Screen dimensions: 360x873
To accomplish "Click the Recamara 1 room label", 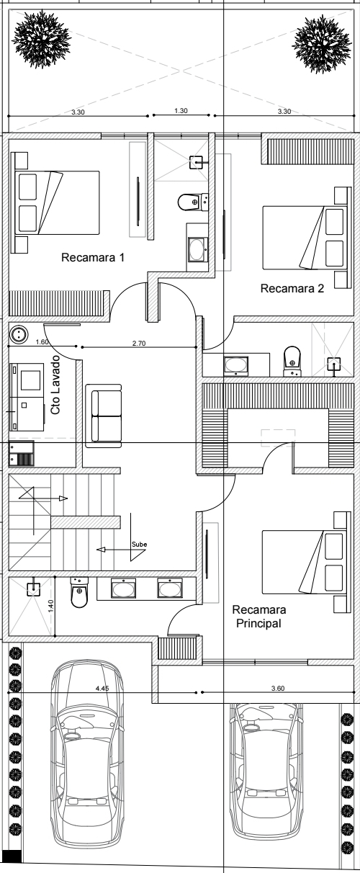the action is coord(93,257).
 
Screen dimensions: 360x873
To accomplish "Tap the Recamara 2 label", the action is coord(292,288).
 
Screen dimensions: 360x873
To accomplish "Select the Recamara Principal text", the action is coord(259,616).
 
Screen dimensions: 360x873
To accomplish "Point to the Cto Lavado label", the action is coord(55,385).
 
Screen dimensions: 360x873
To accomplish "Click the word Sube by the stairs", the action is coord(139,545).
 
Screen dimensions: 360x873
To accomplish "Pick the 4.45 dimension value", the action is coord(102,689).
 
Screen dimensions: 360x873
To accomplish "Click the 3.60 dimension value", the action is coord(278,689).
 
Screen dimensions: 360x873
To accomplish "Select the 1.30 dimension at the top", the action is coord(181,111).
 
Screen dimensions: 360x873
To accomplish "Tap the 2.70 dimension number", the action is coord(139,343).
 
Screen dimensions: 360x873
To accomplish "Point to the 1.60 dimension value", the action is coord(42,342).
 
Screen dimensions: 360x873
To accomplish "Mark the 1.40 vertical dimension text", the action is coord(51,606).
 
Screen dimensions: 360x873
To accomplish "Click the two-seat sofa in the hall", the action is coord(104,416).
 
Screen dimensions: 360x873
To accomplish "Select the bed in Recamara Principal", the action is coord(304,562).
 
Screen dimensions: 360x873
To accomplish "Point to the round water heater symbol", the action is coord(19,334).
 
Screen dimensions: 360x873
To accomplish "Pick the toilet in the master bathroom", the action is coord(79,592).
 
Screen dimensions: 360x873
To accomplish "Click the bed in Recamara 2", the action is coord(305,238).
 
